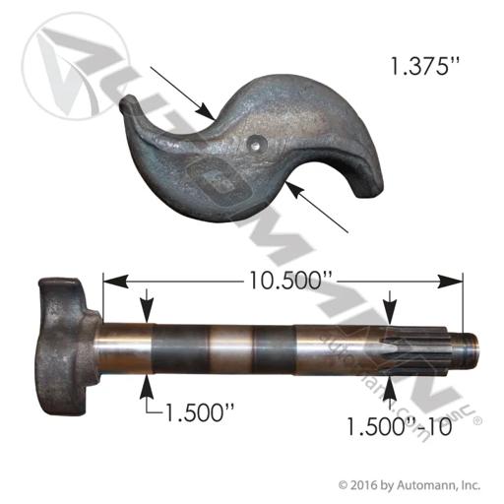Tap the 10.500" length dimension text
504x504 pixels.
[x=290, y=281]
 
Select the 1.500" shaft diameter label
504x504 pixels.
[x=200, y=412]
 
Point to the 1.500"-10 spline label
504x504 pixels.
[x=400, y=426]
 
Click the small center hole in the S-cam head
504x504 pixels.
[x=257, y=144]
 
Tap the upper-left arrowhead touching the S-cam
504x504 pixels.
[x=206, y=111]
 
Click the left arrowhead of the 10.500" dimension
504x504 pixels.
[x=115, y=282]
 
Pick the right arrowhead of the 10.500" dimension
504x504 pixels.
[x=450, y=282]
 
